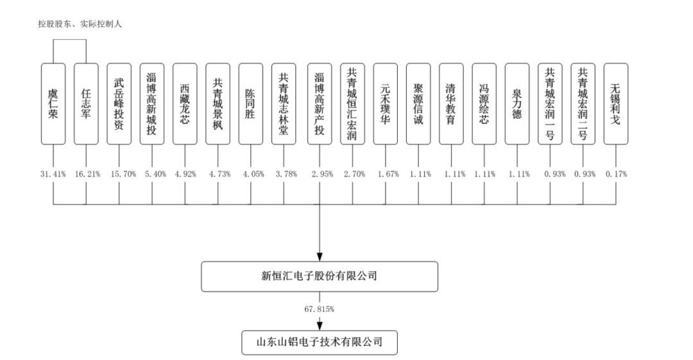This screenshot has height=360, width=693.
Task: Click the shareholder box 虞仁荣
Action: click(x=53, y=104)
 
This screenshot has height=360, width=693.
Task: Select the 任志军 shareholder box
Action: click(x=86, y=104)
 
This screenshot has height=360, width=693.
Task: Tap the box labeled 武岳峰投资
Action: click(x=119, y=104)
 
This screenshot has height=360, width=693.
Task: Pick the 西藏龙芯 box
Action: click(x=185, y=104)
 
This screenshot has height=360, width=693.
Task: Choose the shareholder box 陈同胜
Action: click(x=251, y=104)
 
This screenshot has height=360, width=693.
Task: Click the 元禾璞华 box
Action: click(x=386, y=104)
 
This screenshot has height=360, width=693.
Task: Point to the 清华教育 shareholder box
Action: click(x=451, y=104)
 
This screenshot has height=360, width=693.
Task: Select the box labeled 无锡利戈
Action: click(x=615, y=104)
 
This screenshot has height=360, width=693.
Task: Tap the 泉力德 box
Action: click(x=517, y=104)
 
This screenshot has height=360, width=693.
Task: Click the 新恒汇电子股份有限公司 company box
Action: click(x=320, y=277)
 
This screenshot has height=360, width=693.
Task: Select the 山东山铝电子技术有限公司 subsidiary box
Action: click(x=320, y=342)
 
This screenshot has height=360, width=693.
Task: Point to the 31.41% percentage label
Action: click(x=53, y=175)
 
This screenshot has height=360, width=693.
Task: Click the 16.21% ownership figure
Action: click(x=87, y=175)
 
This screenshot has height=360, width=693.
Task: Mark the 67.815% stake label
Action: click(x=319, y=309)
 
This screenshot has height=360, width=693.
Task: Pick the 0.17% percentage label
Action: click(x=616, y=175)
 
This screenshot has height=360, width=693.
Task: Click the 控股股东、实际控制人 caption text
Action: click(x=80, y=24)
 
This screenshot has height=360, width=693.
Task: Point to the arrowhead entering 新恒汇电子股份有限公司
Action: click(x=320, y=257)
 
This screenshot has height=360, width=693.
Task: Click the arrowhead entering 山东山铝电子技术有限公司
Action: click(x=320, y=326)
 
